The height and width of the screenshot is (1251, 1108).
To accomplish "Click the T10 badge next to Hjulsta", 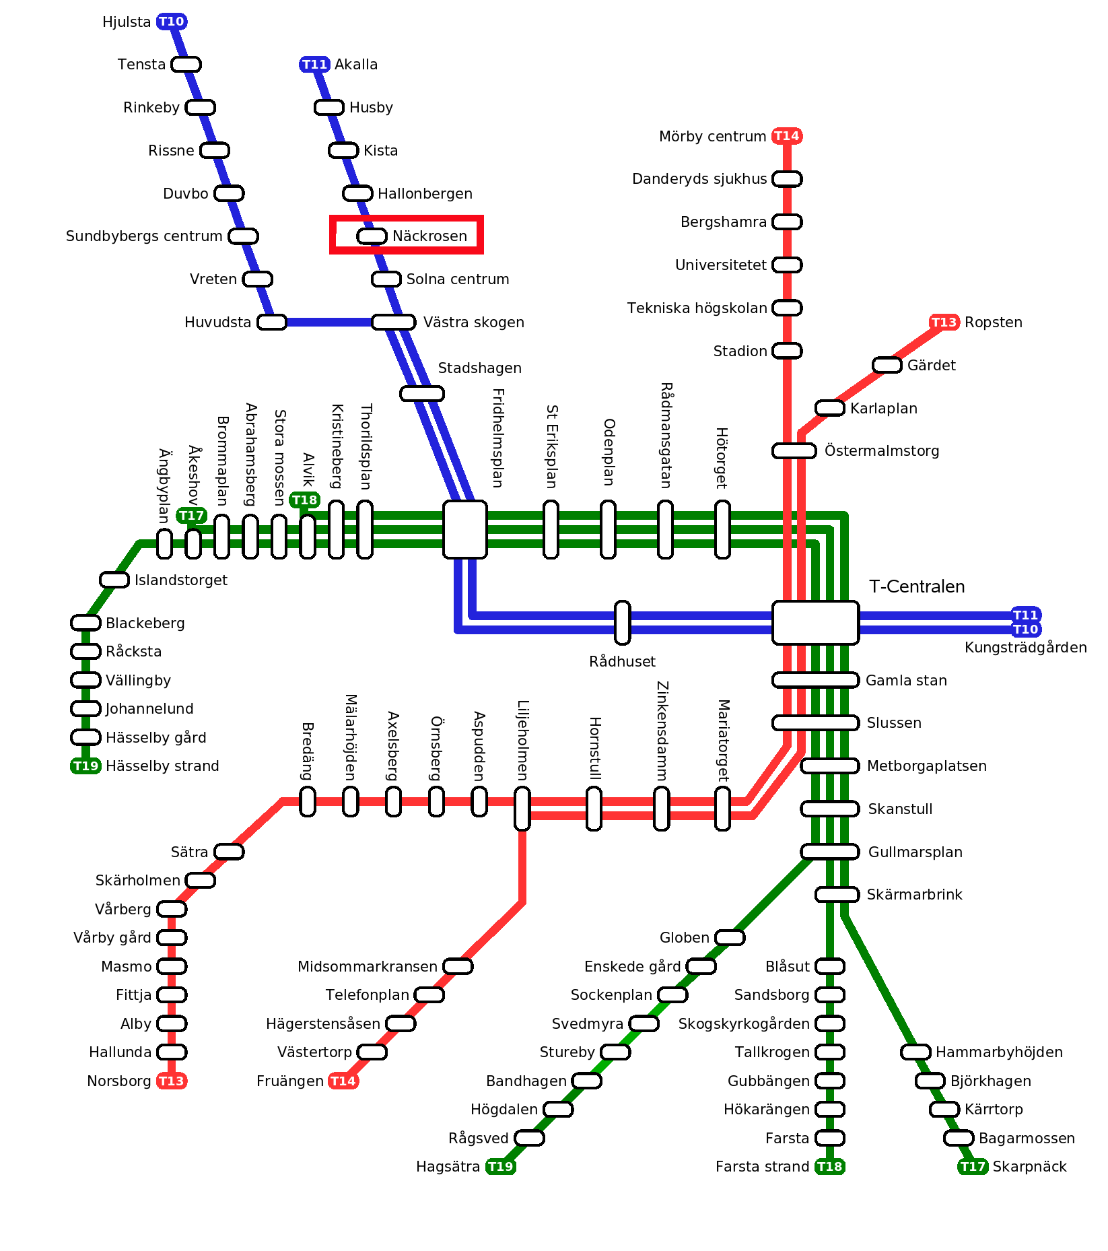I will point(172,22).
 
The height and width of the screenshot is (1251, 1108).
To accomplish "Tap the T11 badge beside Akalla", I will point(314,65).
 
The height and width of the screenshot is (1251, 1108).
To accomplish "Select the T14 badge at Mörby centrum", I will point(786,136).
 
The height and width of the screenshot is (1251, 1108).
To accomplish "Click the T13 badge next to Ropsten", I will point(944,322).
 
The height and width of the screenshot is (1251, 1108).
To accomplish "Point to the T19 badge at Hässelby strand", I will point(85,766).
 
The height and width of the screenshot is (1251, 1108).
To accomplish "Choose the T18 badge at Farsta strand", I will point(829,1166).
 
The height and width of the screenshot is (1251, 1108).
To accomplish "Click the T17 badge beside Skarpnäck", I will point(973,1166).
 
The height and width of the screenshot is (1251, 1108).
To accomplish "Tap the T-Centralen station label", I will point(916,586).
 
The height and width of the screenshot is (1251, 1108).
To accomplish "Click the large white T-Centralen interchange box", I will point(815,623).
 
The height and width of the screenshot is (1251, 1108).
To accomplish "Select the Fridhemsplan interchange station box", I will point(464,529).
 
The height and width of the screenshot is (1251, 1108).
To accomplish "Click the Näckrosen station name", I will point(429,236).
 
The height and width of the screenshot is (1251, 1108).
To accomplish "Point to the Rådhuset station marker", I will point(623,623).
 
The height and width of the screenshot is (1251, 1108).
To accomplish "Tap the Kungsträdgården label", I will point(1025,647).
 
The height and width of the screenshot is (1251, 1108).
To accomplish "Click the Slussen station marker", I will point(815,722).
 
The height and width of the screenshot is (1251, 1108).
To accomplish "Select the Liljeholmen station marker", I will point(522,808).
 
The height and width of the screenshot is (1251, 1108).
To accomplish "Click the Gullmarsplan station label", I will point(915,852).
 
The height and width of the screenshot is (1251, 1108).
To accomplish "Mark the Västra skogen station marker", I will point(393,322).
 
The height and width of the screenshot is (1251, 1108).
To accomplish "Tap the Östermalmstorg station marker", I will point(794,450).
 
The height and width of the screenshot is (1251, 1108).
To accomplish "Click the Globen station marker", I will point(729,937).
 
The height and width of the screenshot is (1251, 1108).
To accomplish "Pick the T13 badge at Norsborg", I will point(171,1081).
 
